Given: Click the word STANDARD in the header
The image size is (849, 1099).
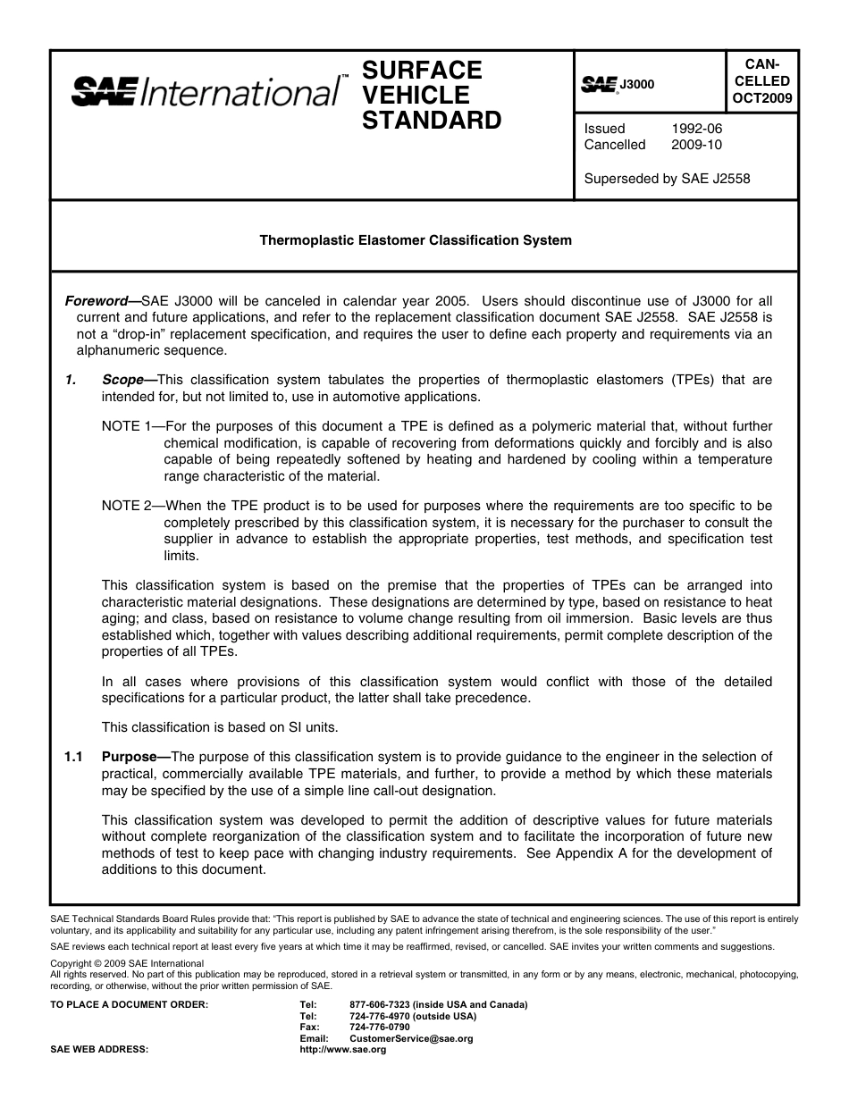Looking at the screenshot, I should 432,121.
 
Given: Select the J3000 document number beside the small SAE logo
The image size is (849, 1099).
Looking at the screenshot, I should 637,85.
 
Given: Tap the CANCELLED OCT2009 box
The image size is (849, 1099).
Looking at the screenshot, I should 761,81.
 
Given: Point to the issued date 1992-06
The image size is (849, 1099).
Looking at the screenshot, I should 696,129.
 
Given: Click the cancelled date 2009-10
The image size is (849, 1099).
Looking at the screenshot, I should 696,145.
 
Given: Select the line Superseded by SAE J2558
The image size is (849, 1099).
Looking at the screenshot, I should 667,179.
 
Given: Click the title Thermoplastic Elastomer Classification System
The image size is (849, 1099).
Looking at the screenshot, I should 416,240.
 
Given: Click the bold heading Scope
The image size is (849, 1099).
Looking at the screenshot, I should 123,380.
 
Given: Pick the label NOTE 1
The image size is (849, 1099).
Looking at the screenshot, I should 130,427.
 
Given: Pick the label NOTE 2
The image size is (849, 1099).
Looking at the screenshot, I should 130,506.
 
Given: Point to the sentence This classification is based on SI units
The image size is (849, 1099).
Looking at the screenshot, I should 220,726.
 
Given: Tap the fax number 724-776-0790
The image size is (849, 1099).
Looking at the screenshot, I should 380,1028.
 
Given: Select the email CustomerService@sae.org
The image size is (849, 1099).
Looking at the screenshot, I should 411,1039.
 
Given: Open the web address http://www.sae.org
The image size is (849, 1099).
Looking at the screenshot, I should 343,1050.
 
